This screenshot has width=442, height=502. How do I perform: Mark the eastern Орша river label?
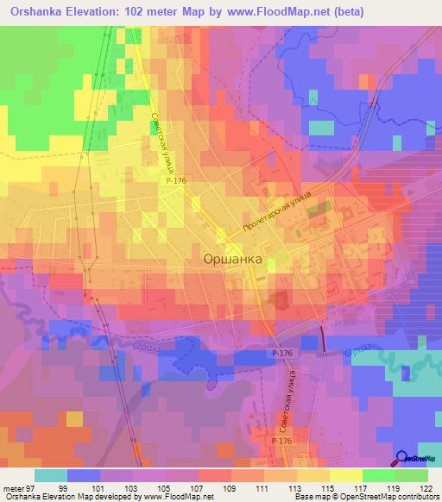(357, 353)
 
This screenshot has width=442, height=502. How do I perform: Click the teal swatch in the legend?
(51, 475)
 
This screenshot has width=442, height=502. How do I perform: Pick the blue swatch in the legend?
(84, 475)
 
